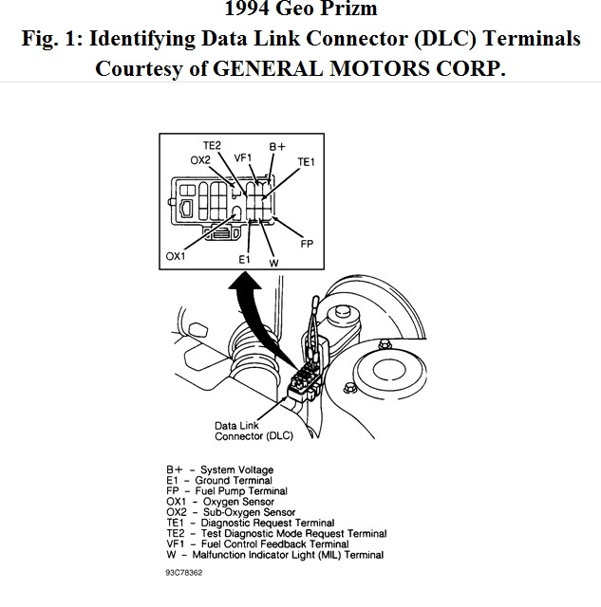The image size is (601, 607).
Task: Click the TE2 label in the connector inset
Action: point(212,145)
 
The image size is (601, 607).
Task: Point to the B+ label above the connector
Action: point(277,148)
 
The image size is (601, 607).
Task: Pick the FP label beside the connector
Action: point(307,243)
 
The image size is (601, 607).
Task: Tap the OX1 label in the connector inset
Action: point(176,255)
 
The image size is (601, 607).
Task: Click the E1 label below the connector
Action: point(245,259)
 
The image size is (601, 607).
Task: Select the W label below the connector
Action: point(273,262)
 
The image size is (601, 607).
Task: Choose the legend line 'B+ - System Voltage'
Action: point(220,470)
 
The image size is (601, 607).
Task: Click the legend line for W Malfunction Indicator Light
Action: point(275,555)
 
